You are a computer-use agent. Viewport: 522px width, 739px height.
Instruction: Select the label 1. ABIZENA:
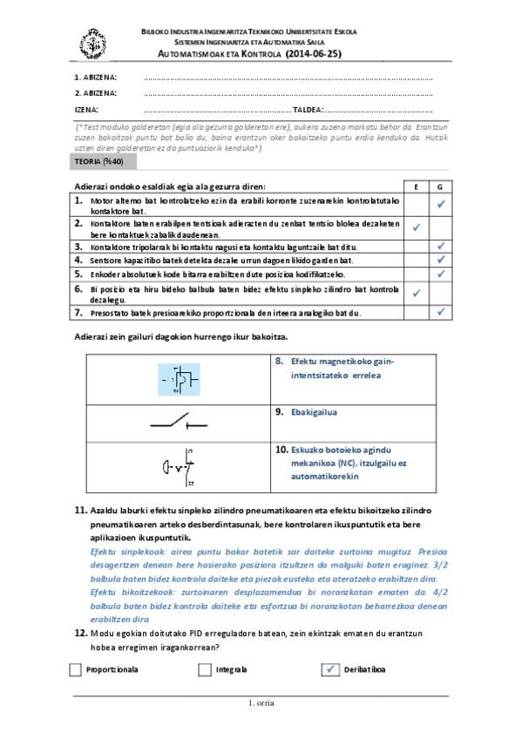(x=96, y=78)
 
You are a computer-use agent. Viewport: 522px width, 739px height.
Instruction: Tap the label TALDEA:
(x=308, y=110)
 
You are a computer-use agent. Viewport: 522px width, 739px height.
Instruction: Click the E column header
(x=416, y=186)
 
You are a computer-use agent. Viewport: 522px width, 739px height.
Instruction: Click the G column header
(x=441, y=186)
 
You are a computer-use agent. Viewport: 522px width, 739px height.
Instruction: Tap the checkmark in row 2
(x=416, y=227)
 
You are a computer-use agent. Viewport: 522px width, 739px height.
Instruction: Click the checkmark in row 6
(x=416, y=293)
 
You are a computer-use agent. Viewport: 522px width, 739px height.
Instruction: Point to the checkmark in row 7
(x=441, y=312)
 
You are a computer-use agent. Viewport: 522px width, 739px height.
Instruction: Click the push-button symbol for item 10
(x=179, y=466)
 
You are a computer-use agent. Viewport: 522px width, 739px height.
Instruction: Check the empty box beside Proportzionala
(x=75, y=670)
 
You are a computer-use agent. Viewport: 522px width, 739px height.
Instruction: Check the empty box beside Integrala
(x=205, y=670)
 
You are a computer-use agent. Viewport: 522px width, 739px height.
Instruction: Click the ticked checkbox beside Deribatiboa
(x=329, y=670)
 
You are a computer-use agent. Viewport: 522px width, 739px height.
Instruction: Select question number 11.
(x=81, y=510)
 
